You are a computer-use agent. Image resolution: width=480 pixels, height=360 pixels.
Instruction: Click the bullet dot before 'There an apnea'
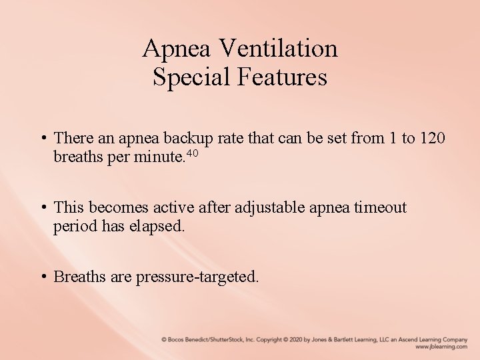tap(42, 139)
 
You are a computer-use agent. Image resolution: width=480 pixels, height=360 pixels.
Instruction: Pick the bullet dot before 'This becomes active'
tap(42, 208)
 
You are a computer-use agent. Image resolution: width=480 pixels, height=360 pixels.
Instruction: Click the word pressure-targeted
tap(197, 277)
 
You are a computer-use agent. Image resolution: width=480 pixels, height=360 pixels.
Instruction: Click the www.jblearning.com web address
tap(441, 347)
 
